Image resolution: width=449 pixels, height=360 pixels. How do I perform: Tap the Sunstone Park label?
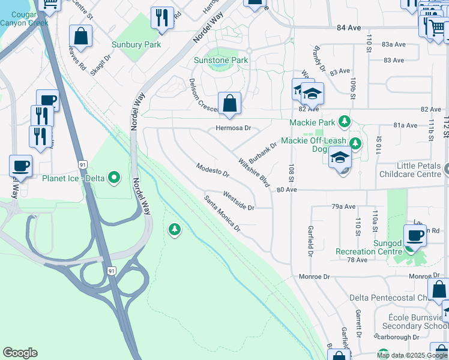[221, 61]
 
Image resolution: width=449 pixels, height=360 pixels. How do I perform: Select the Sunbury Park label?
[136, 44]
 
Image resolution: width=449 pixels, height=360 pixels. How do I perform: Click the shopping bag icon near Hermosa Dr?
[229, 103]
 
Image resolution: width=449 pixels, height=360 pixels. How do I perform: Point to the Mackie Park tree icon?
[345, 122]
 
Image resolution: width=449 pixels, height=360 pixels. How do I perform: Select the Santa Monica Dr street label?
[222, 214]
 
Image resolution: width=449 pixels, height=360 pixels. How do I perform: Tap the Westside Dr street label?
[239, 201]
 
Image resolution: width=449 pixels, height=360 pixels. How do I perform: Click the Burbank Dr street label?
[262, 154]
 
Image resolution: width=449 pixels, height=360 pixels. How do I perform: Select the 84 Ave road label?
[349, 28]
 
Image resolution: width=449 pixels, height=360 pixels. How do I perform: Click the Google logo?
[20, 353]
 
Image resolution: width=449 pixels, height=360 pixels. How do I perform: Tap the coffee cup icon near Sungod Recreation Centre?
[415, 236]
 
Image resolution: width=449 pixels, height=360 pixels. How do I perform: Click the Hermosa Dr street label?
[233, 128]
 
